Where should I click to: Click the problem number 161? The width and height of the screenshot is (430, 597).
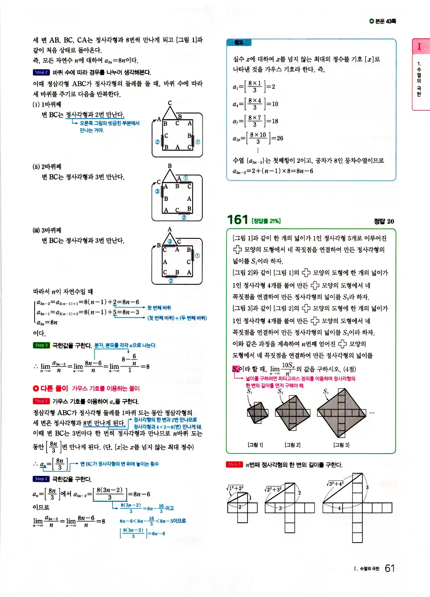coord(237,220)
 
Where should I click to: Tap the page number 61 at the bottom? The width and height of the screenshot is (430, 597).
coord(389,568)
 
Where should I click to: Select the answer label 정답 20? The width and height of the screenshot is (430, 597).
coord(384,221)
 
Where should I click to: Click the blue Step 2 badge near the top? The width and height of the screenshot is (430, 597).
coord(41,72)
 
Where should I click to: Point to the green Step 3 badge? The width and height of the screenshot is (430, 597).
coord(41,345)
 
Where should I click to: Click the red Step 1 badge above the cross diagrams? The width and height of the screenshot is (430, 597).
coord(234,465)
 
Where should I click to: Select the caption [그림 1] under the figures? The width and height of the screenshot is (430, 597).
coord(255,445)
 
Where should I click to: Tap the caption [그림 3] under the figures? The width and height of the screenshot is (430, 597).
coord(341,445)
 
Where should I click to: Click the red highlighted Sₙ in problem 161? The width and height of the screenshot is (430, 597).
coord(235,369)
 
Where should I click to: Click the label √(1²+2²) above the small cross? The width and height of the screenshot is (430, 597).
coord(235,488)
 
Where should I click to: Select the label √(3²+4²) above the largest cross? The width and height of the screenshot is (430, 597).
coord(335,484)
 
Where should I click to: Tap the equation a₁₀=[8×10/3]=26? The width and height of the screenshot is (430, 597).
coord(258,138)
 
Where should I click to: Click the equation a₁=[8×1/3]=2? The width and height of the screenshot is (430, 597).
coord(254,86)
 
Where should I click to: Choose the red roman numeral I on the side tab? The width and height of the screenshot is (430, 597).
coord(419,46)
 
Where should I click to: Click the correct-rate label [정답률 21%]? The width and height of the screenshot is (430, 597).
coord(266,221)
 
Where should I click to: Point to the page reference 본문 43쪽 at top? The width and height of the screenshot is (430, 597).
coord(383,21)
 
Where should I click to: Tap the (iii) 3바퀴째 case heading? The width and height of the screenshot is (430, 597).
coord(47,230)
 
